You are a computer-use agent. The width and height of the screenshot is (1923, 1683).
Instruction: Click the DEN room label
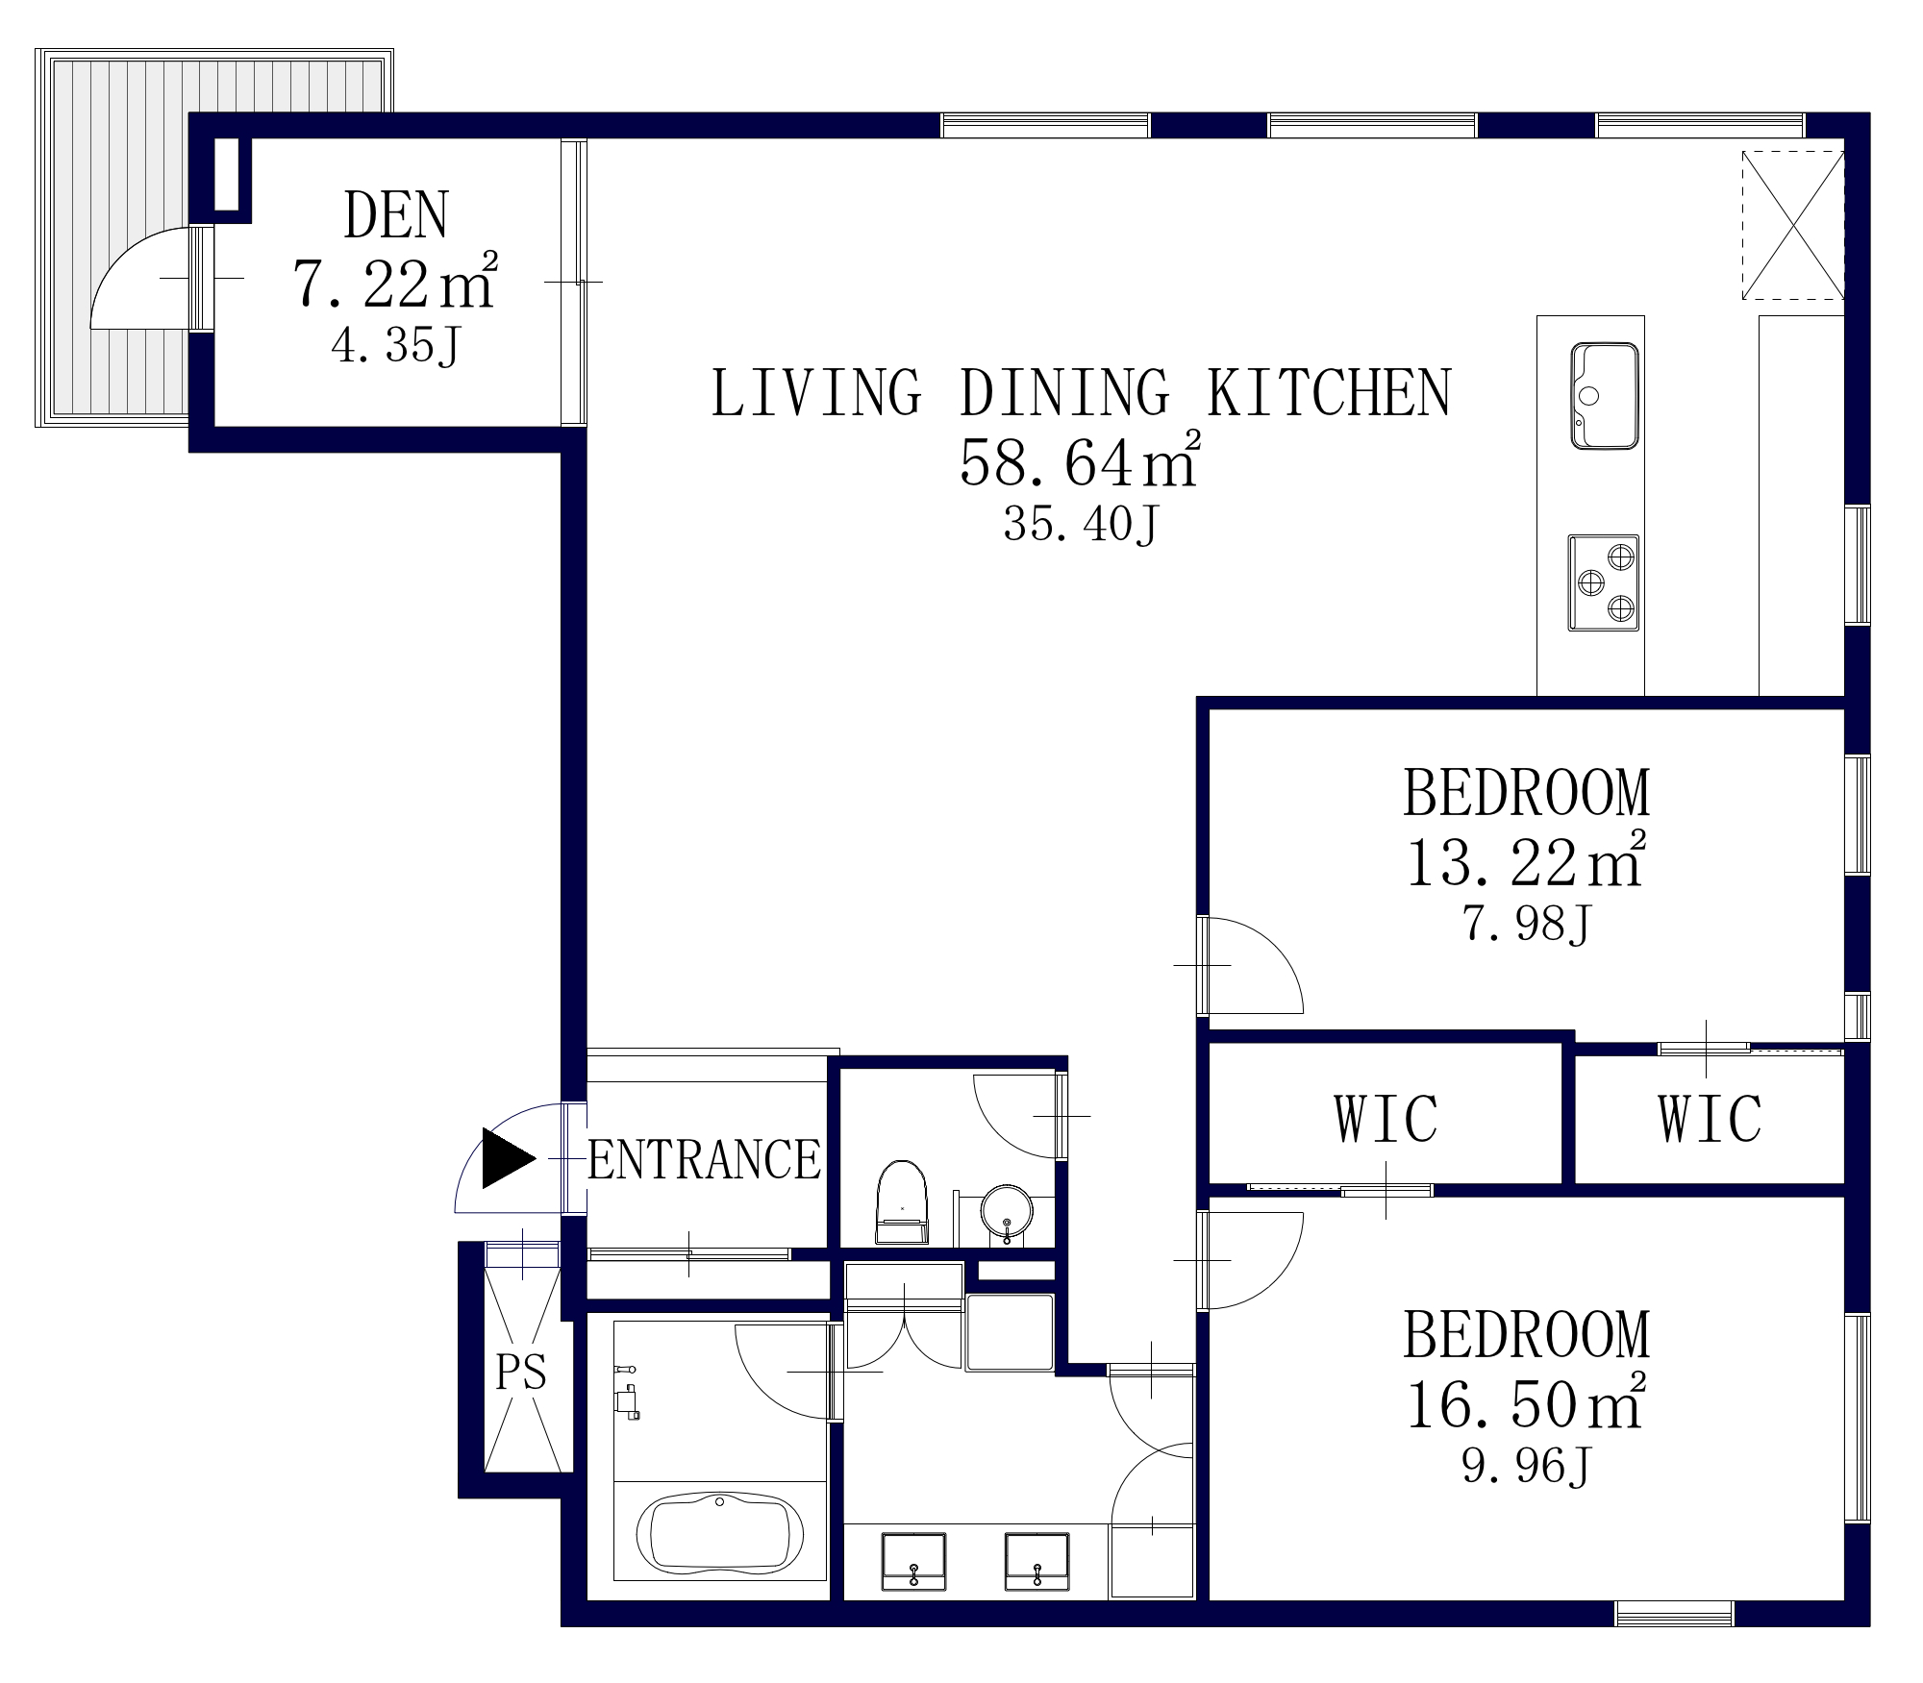tap(396, 215)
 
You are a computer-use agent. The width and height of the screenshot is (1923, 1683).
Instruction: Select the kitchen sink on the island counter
tap(1604, 396)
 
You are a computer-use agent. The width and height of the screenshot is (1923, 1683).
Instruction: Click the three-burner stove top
tap(1604, 582)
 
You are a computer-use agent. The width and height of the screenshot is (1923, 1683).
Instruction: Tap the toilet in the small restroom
tap(902, 1203)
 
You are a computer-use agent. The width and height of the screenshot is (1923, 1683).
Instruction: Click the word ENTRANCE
tap(704, 1159)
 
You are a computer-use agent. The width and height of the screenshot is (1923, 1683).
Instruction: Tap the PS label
tap(521, 1372)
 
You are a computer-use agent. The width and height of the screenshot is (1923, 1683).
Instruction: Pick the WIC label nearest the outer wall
tap(1710, 1118)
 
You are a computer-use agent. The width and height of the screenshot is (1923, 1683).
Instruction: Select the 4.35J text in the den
tap(396, 346)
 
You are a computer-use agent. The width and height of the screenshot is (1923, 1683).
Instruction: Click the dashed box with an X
tap(1793, 224)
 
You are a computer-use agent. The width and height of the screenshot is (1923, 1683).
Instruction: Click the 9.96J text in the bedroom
tap(1526, 1466)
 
